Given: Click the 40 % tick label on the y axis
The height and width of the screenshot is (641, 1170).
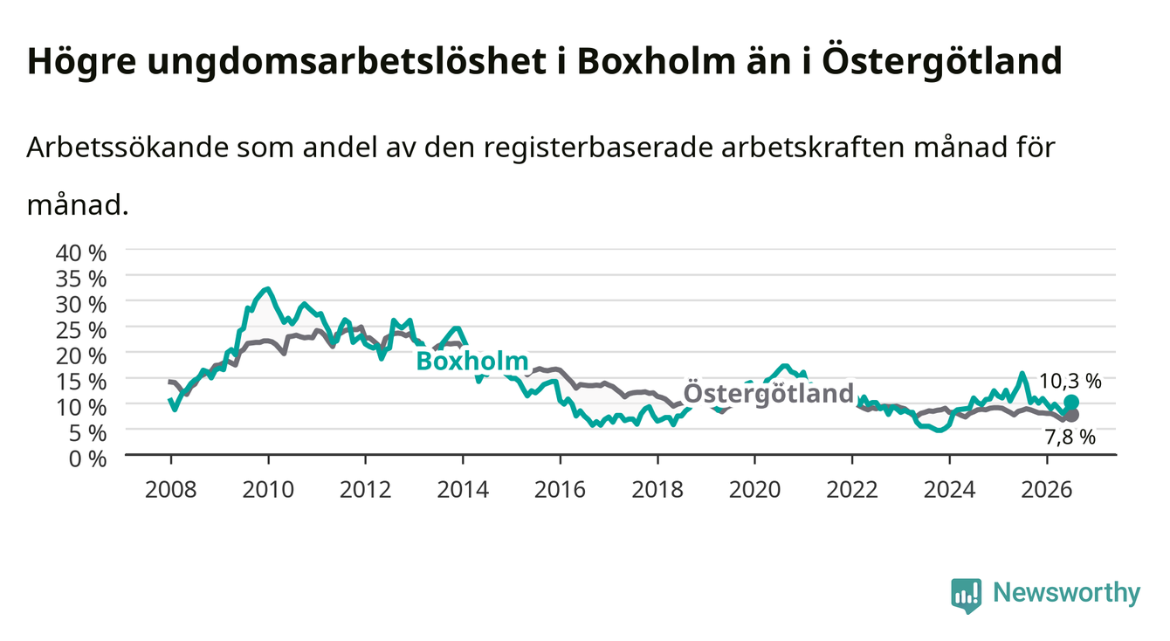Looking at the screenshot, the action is coord(81,253).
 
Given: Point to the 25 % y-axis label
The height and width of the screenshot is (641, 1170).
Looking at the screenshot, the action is coord(81,331).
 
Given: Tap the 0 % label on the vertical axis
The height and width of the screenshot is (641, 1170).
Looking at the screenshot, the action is coord(87,459).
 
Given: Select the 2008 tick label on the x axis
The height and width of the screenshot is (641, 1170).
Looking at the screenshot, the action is coord(171,490).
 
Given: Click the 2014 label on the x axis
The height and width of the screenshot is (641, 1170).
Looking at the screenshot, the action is coord(463,490).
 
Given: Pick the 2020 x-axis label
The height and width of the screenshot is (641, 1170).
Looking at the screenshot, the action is coord(754,490).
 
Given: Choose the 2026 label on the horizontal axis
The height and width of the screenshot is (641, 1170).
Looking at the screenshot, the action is coord(1047,490).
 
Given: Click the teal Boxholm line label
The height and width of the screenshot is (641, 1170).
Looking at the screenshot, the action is coord(472,361).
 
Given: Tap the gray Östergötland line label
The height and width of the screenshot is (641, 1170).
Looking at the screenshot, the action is coord(768,393).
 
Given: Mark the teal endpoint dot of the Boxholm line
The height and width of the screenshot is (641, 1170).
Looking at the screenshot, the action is coord(1071,403).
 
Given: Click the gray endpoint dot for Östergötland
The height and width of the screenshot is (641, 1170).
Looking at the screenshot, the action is coord(1071,416).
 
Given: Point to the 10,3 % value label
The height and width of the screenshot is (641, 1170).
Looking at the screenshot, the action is coord(1070,382).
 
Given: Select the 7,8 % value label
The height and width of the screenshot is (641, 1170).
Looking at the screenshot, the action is coord(1070,438).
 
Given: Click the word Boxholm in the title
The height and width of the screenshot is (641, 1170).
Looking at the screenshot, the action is coord(656,61).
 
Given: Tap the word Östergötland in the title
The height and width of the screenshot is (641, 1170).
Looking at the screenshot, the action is coord(942,62).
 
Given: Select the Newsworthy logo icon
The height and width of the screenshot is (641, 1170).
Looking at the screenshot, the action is coord(967,596).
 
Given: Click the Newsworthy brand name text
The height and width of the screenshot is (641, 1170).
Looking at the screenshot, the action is coord(1067,593).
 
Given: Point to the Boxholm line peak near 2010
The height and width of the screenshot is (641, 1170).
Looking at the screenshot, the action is coord(268,288).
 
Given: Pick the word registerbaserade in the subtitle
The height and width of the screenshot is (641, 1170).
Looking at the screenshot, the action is coord(598,148).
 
